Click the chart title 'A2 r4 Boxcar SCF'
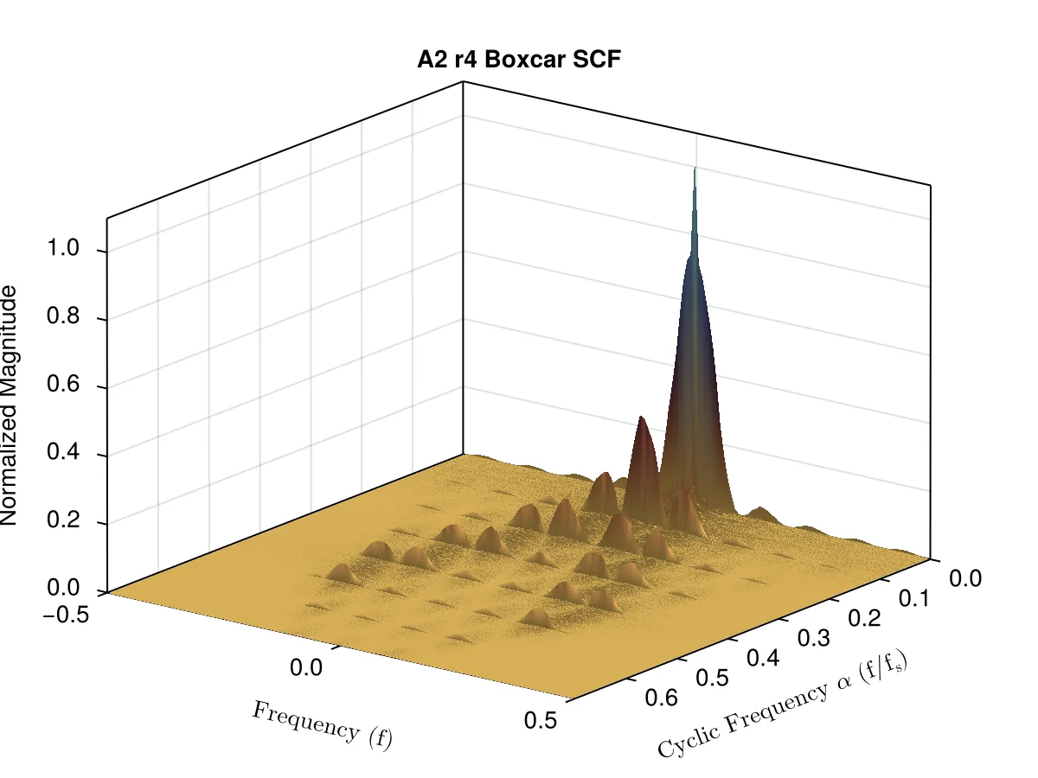pos(519,60)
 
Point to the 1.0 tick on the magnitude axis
pos(63,247)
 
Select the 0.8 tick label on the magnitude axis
pos(63,315)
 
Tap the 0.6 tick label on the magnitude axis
pos(63,383)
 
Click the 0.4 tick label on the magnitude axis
pos(63,451)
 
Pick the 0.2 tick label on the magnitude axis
pos(63,520)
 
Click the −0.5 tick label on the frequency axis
pos(66,615)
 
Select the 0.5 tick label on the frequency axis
pos(541,720)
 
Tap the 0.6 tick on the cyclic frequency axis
pos(661,698)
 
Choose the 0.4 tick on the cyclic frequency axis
pos(763,657)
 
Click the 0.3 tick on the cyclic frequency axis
pos(814,637)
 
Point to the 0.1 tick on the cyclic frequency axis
pos(914,598)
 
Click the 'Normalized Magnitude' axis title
pos(9,405)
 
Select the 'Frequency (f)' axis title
pos(322,726)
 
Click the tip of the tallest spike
pos(695,167)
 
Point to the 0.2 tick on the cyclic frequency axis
pos(864,617)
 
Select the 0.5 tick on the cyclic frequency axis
pos(712,678)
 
